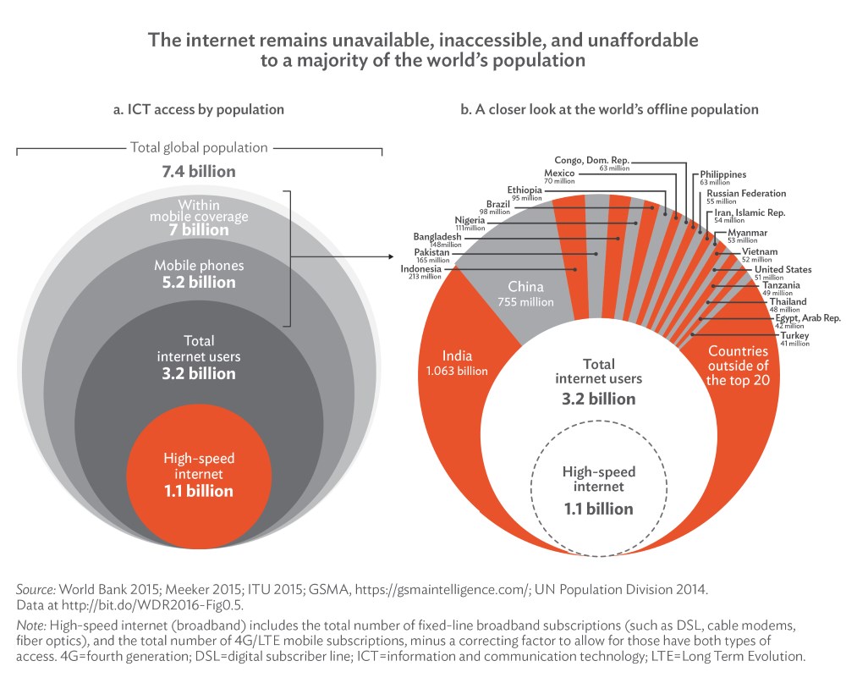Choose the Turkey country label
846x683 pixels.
[795, 336]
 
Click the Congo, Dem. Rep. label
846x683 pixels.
[596, 159]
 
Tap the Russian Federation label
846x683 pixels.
[745, 194]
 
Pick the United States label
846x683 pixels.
[783, 270]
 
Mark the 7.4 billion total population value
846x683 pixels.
[199, 172]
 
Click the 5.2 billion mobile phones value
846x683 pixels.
[199, 282]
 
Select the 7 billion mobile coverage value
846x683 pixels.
[199, 229]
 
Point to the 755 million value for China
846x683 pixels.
[531, 302]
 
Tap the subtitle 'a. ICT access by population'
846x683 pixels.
[199, 110]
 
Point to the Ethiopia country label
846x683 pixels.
[525, 190]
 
